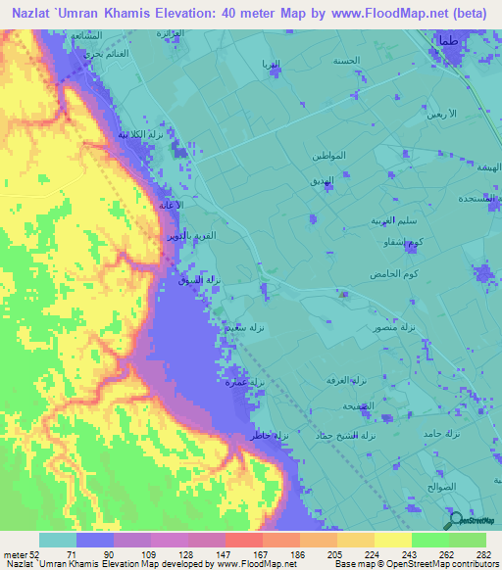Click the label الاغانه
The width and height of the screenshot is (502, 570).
pos(173,205)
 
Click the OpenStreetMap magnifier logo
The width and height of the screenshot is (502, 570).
pos(454,522)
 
